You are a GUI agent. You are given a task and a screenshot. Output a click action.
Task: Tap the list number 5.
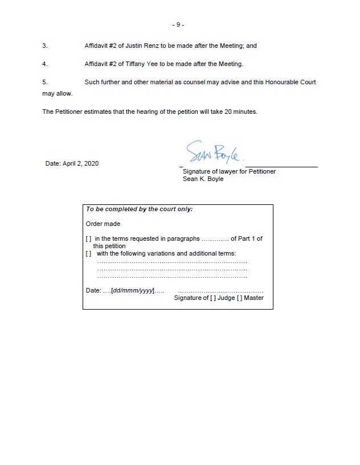tap(44, 82)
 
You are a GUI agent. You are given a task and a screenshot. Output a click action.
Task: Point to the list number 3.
tap(44, 46)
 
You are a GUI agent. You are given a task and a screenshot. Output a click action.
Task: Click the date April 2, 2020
tap(72, 163)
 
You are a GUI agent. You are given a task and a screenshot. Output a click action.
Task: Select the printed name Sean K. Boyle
tap(203, 179)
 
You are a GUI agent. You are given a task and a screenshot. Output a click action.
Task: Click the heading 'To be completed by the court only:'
tap(140, 209)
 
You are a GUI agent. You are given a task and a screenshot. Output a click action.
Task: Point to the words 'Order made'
tap(103, 224)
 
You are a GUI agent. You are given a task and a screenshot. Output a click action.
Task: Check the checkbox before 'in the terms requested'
tap(88, 239)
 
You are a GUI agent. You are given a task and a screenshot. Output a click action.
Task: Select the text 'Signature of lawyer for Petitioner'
tap(229, 171)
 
